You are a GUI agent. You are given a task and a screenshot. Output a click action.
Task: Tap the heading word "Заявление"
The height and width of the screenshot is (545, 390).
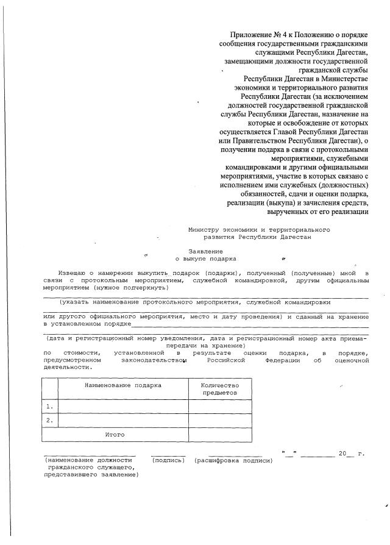pos(205,251)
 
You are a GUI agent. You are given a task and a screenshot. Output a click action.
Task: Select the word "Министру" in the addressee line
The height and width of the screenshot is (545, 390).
pos(204,229)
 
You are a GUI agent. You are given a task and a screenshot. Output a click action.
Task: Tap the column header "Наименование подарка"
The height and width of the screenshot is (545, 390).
pos(122,385)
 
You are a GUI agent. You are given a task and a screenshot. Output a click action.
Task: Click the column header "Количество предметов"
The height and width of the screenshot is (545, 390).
pos(219,389)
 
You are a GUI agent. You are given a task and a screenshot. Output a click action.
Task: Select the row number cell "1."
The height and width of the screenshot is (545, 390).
pos(49,406)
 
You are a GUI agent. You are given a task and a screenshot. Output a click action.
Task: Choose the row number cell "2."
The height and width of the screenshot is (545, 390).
pos(49,420)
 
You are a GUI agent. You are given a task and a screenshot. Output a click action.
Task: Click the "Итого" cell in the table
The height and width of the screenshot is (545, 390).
pos(115,435)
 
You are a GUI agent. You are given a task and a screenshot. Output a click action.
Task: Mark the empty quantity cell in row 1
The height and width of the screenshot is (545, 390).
pos(219,406)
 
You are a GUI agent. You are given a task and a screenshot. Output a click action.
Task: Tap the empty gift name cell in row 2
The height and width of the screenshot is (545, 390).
pos(122,420)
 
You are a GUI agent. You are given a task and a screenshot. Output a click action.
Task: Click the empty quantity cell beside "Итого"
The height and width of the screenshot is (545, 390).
pos(219,435)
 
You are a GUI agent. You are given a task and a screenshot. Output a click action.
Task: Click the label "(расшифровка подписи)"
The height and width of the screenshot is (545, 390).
pos(233,460)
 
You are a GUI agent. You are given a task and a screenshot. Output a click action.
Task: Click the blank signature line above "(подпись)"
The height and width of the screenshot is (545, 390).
pos(168,455)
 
